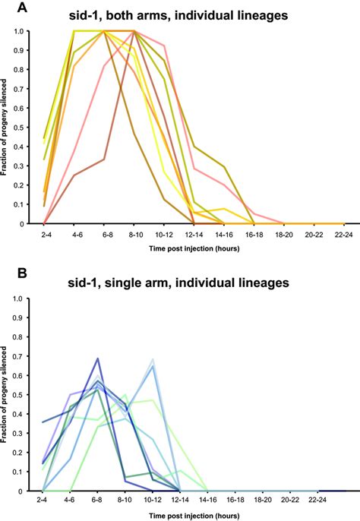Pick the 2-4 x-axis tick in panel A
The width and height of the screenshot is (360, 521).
coord(44,235)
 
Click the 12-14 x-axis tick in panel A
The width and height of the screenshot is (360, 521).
coord(194,235)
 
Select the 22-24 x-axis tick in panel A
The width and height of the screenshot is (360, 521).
coord(344,235)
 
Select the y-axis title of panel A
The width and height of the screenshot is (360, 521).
coord(7,128)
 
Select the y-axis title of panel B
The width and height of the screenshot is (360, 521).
coord(7,395)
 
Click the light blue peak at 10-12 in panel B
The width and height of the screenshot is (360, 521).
coord(153,360)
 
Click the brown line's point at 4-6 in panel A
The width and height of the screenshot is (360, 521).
coord(74,175)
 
